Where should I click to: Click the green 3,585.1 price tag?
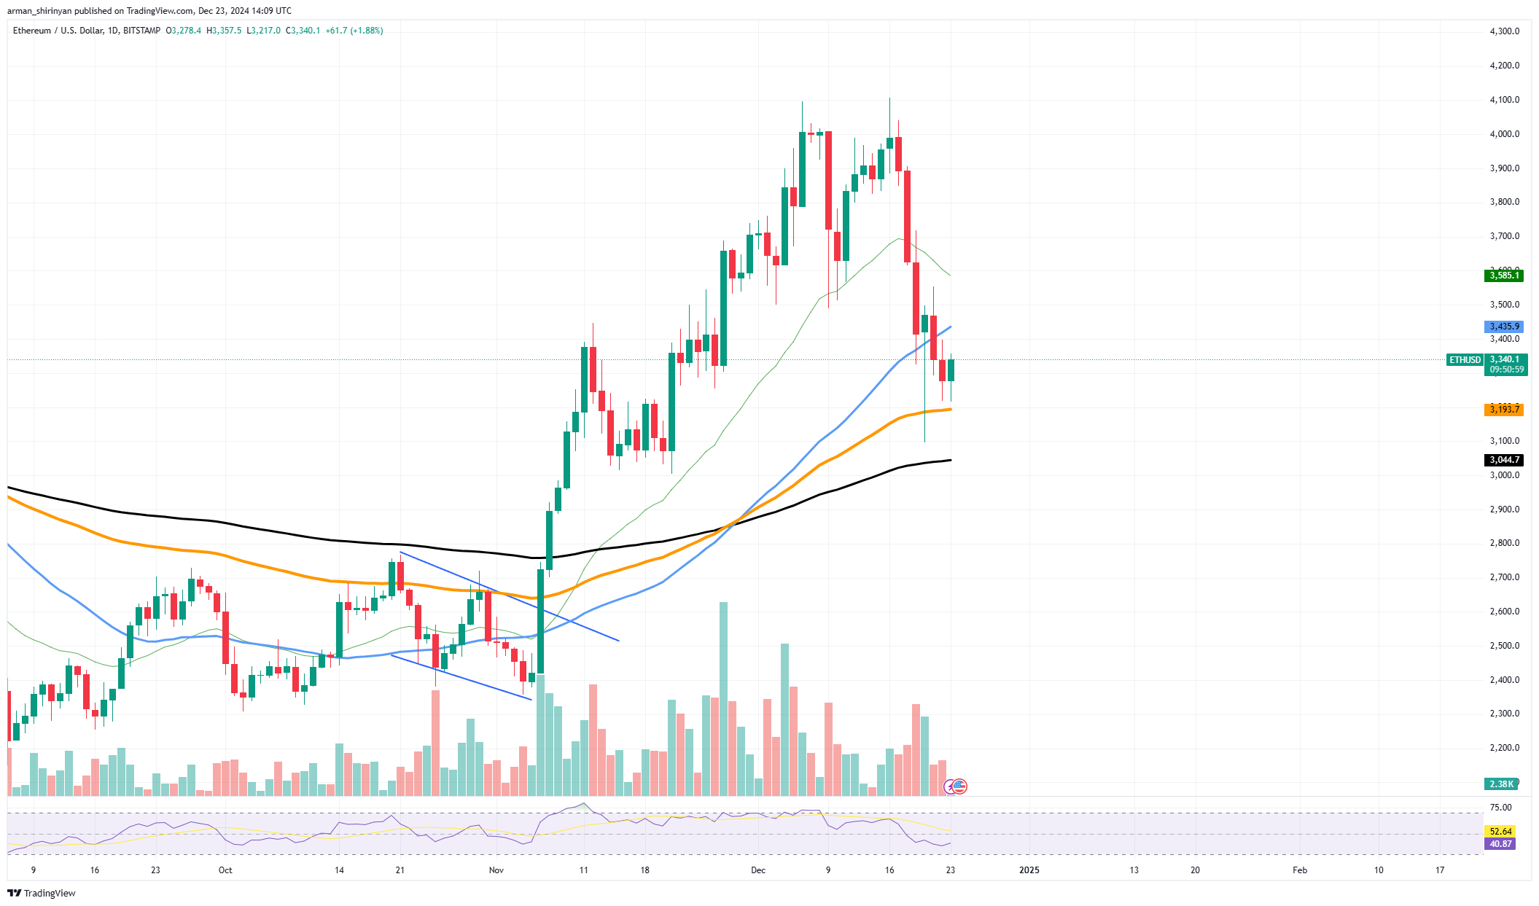1503,276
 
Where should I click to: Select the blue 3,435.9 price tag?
1503,327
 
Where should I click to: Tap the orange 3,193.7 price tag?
1503,410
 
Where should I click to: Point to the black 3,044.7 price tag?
1503,460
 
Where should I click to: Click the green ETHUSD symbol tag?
1465,360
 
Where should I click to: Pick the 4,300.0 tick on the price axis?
1504,31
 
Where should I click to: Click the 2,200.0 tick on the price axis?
1504,748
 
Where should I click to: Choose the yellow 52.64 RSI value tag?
1500,832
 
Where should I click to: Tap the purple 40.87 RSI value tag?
1500,844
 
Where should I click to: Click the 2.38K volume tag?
1500,784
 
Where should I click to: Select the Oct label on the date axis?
225,870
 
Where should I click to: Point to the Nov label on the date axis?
496,870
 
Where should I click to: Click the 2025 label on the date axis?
1029,870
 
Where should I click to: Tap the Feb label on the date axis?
1299,870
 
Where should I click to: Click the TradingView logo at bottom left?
42,894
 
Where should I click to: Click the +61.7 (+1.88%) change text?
354,31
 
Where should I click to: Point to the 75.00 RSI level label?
1500,808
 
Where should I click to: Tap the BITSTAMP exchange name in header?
141,31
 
